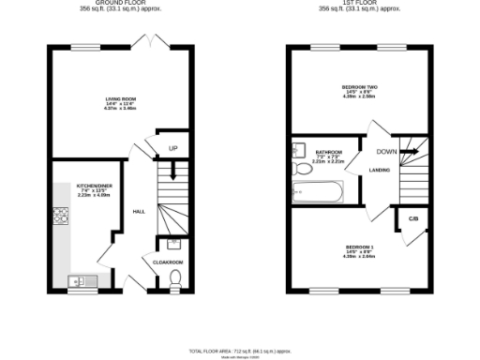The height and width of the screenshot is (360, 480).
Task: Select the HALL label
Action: (x=139, y=211)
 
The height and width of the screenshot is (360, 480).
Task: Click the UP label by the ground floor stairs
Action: (x=172, y=148)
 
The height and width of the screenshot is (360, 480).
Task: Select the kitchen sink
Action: (x=78, y=279)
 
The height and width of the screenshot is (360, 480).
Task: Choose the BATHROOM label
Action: (x=328, y=152)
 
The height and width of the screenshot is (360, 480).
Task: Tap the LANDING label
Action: (x=380, y=170)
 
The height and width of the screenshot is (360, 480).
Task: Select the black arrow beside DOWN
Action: (x=408, y=150)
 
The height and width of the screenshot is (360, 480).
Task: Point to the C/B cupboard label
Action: (x=412, y=221)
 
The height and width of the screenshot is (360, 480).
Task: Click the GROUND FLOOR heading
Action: (x=124, y=4)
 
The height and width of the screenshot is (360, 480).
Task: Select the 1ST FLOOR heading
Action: (x=359, y=4)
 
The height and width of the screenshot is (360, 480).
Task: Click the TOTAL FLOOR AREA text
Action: (x=240, y=350)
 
